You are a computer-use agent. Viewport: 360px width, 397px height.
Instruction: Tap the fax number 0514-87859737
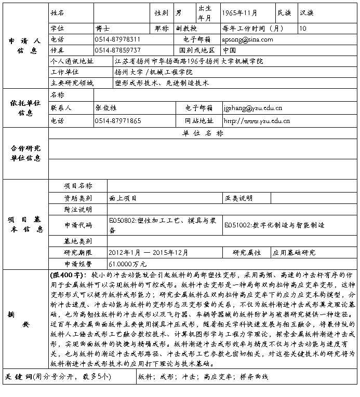(118, 50)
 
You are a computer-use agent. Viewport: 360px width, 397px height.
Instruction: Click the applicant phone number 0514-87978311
(118, 39)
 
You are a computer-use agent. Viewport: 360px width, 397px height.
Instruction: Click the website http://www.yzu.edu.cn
(256, 121)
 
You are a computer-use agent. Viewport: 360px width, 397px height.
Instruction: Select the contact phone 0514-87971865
(118, 121)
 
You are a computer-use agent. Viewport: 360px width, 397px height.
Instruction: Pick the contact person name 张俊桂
(106, 108)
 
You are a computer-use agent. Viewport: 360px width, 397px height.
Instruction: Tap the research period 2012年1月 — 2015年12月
(149, 253)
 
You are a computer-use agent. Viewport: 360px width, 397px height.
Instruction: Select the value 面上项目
(123, 198)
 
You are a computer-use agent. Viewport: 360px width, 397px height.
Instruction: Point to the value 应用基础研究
(294, 253)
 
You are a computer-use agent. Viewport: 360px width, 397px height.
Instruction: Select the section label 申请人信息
(24, 46)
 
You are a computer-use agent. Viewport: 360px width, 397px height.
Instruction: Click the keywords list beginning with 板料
(203, 377)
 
